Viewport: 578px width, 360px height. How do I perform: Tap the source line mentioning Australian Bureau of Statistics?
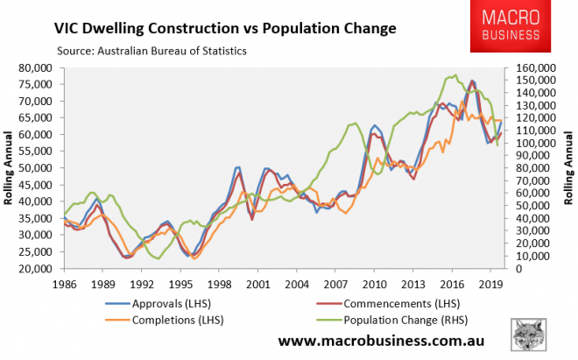pyautogui.click(x=151, y=51)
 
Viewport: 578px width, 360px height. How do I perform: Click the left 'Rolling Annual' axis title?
pyautogui.click(x=12, y=168)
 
